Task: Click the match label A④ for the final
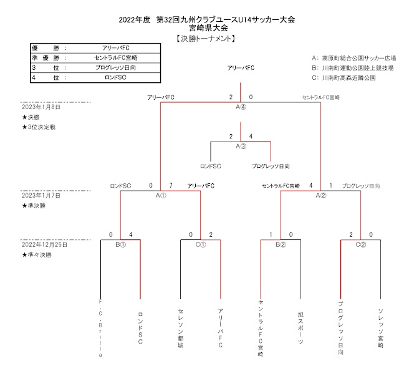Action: tap(241, 107)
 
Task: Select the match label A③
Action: tap(241, 147)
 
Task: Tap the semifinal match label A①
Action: tap(161, 195)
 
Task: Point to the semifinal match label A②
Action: tap(321, 195)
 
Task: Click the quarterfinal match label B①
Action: tap(120, 244)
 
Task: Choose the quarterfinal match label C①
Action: tap(201, 244)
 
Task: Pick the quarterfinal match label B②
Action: tap(281, 244)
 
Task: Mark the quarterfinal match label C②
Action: tap(361, 244)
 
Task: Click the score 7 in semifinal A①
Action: tap(171, 186)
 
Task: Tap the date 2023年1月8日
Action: tap(41, 107)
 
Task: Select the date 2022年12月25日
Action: tap(44, 244)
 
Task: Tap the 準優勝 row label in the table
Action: tap(49, 58)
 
